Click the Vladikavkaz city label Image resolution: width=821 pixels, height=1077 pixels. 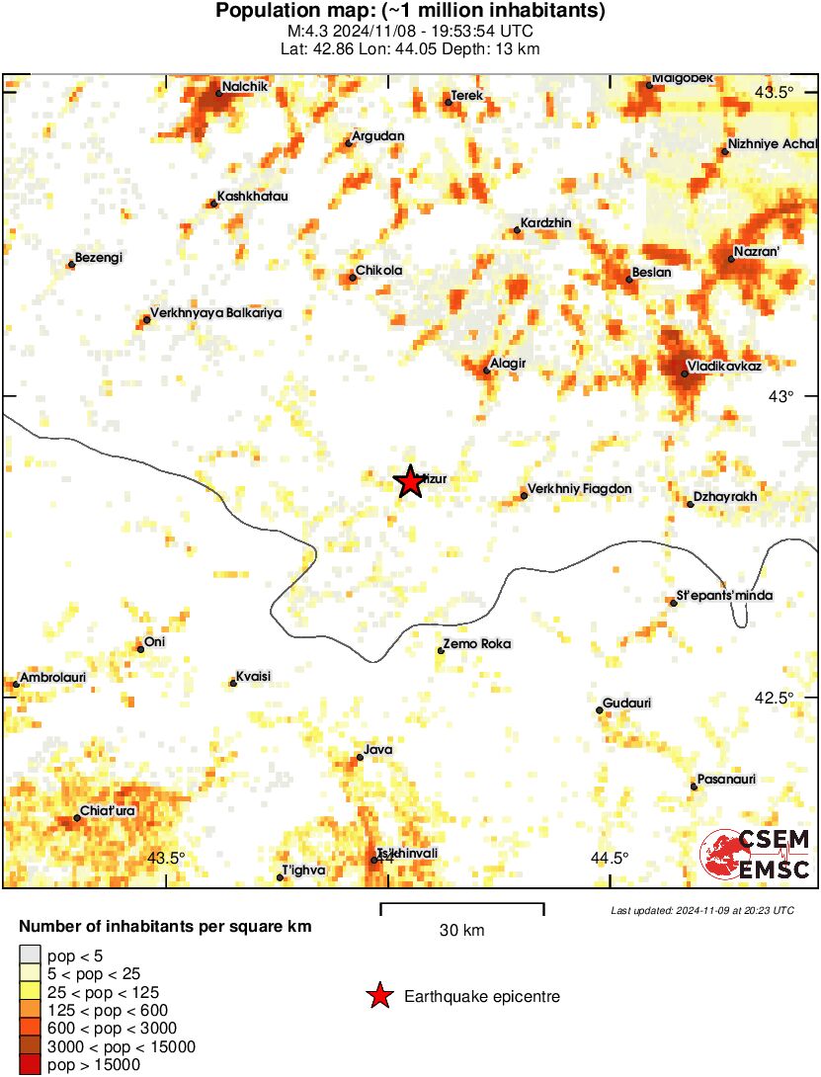tap(726, 367)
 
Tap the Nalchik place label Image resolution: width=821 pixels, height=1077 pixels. tap(243, 86)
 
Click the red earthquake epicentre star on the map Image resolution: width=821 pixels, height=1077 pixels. tap(409, 482)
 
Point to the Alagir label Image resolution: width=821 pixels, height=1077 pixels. tap(509, 365)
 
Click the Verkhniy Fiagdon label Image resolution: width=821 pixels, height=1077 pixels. tap(580, 489)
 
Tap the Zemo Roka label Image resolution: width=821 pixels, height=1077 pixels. tap(479, 644)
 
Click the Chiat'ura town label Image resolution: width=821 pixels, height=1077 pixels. tap(110, 811)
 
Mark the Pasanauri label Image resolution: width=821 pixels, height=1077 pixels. tap(726, 780)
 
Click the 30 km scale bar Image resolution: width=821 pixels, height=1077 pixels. tap(462, 905)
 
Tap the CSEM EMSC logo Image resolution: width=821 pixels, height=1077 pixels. tap(756, 855)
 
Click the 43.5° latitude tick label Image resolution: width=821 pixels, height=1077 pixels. tap(774, 93)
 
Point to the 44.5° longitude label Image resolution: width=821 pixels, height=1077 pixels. tap(610, 858)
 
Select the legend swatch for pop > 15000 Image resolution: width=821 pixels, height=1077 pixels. tap(31, 1065)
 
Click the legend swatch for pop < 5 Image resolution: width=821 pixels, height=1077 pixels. tap(31, 954)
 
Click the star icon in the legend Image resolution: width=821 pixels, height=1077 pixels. tap(378, 997)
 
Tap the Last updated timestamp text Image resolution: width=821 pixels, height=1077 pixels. tap(701, 910)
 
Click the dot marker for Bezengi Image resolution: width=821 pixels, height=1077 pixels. tap(71, 265)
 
